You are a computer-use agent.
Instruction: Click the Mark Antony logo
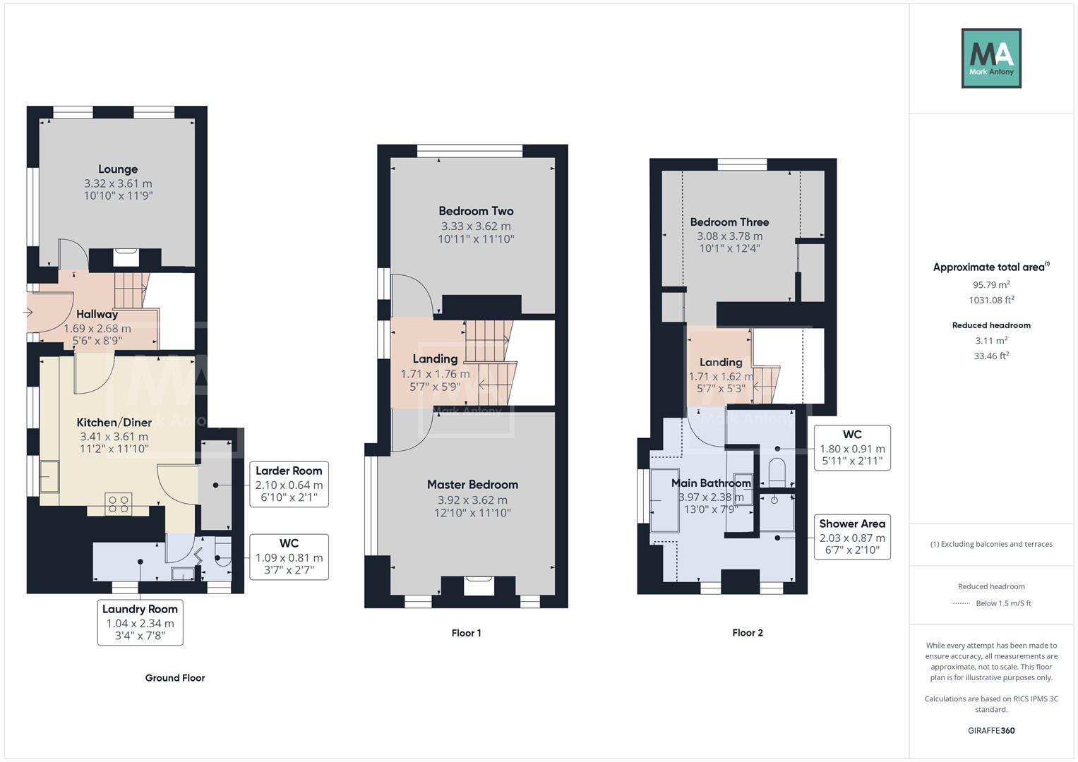(x=991, y=58)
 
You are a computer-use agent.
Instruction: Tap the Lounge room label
(x=118, y=169)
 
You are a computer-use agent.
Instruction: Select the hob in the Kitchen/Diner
(x=119, y=504)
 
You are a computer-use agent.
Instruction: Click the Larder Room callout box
(x=289, y=484)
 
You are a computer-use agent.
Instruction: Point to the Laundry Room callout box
(x=140, y=622)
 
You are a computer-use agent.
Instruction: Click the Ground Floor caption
(x=175, y=678)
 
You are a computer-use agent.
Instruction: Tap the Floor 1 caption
(x=466, y=633)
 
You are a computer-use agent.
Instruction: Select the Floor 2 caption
(x=747, y=633)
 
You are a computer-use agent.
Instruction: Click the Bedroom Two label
(x=476, y=211)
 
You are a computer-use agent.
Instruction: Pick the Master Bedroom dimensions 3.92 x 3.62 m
(x=472, y=500)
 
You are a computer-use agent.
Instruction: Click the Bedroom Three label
(x=729, y=222)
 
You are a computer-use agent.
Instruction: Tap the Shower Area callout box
(x=852, y=536)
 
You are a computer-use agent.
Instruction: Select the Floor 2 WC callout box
(x=852, y=448)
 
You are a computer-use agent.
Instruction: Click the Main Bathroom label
(x=711, y=483)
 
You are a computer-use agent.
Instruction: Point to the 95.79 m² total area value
(x=991, y=285)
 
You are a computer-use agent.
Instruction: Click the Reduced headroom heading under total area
(x=991, y=325)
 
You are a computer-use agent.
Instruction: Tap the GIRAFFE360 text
(x=991, y=731)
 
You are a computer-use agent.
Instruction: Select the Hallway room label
(x=97, y=315)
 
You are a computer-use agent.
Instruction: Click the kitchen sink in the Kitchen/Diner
(x=49, y=476)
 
